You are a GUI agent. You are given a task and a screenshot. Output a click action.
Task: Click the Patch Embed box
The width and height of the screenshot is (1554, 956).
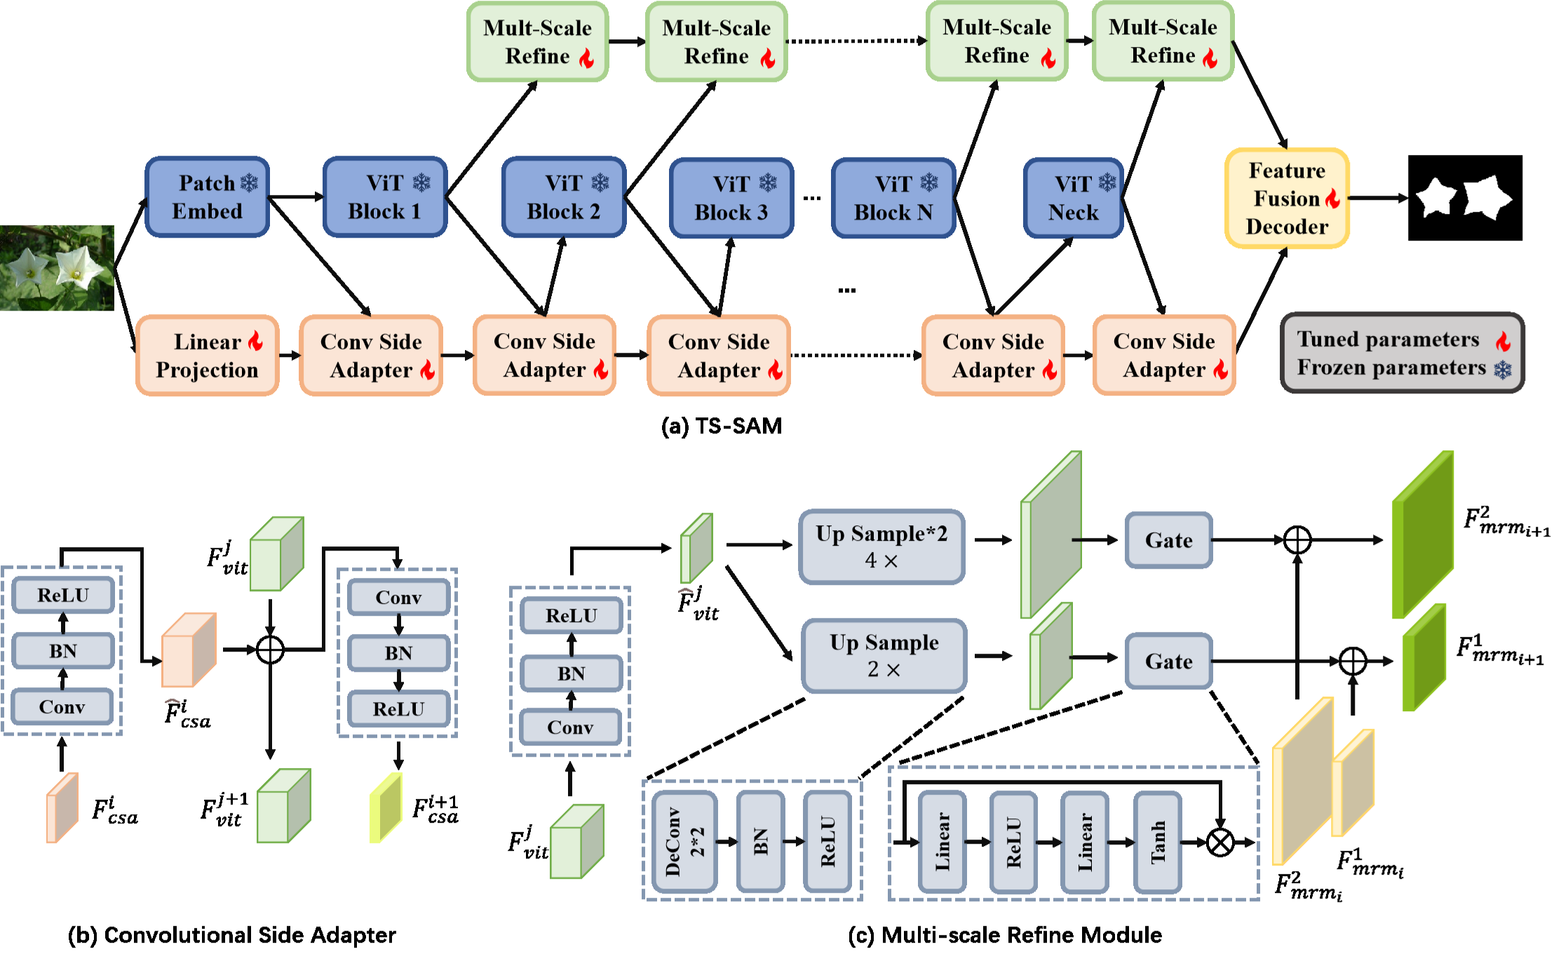tap(207, 197)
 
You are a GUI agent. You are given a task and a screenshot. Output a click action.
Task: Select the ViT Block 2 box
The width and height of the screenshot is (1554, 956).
tap(564, 197)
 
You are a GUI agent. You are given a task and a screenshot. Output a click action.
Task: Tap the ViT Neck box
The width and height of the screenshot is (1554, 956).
tap(1073, 198)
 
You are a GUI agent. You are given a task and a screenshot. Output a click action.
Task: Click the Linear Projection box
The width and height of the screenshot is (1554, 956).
tap(208, 356)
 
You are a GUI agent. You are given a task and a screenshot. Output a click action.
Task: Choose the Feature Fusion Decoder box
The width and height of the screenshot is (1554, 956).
tap(1287, 198)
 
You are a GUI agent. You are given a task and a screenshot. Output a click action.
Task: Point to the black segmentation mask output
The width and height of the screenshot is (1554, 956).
tap(1465, 198)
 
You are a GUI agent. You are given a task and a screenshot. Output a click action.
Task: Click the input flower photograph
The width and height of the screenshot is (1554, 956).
tap(57, 268)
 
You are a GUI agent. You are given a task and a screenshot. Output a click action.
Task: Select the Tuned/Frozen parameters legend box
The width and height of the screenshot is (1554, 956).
tap(1402, 353)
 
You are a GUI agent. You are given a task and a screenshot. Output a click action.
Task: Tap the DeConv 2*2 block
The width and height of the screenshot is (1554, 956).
tap(684, 842)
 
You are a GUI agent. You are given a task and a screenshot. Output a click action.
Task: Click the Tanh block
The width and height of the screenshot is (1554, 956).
tap(1158, 842)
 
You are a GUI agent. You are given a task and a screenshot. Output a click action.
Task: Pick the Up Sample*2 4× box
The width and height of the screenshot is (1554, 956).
tap(881, 547)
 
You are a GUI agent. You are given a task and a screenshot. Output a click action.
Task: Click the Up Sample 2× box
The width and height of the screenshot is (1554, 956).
tap(884, 656)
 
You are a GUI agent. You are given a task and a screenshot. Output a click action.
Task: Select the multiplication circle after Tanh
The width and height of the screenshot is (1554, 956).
tap(1220, 842)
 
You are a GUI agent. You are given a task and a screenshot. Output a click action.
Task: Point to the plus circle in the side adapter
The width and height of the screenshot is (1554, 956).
tap(270, 649)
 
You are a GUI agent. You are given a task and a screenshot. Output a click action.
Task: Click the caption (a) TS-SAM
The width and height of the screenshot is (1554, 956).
tap(722, 426)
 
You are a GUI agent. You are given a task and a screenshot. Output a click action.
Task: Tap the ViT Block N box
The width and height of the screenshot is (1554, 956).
tap(893, 198)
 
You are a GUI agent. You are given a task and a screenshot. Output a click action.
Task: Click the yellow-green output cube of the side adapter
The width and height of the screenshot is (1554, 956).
tap(386, 807)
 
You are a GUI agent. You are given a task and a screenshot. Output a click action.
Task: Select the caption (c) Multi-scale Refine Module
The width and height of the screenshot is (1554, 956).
tap(1005, 935)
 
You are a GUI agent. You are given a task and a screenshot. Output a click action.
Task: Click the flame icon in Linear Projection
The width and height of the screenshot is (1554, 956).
tap(255, 341)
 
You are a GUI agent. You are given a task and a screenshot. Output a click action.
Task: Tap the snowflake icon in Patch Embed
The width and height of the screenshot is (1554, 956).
tap(249, 183)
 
